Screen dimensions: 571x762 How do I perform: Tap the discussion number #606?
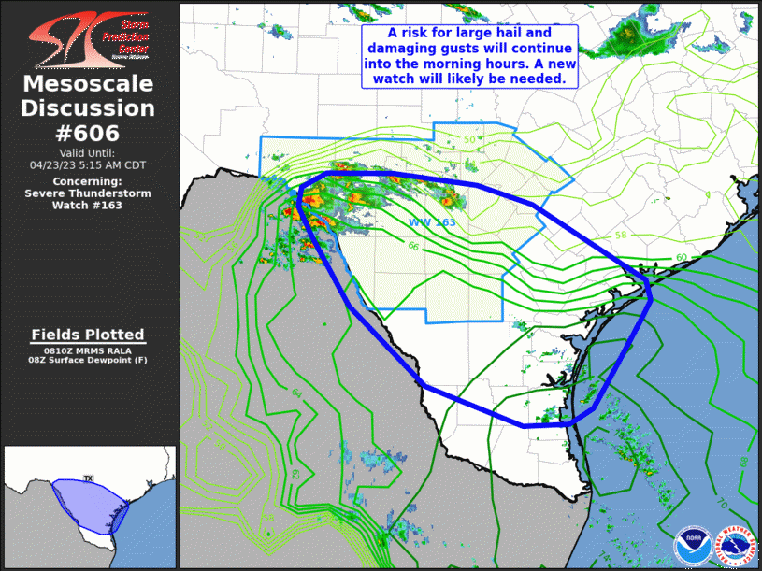(88, 133)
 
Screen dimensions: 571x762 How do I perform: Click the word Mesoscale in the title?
(88, 85)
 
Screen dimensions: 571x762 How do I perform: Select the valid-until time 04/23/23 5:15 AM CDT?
(88, 164)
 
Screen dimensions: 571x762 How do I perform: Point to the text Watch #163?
(88, 206)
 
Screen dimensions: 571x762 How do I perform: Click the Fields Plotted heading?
(88, 335)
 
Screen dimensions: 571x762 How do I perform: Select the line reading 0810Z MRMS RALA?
(88, 350)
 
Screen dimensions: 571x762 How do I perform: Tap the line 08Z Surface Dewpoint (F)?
(88, 360)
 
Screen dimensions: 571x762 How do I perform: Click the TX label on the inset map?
(89, 452)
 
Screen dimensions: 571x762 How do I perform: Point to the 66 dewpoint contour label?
(412, 246)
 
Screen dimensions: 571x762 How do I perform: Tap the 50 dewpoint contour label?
(469, 141)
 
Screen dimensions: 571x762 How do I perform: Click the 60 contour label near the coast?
(682, 256)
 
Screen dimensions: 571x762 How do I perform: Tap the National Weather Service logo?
(735, 545)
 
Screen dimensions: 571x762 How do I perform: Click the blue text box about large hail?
(469, 56)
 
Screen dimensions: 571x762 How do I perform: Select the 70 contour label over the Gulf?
(720, 503)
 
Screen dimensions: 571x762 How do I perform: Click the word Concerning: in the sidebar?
(88, 181)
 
